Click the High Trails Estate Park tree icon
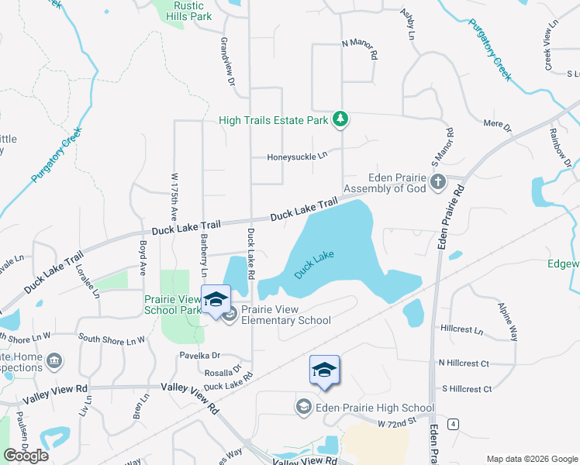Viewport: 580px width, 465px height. (340, 119)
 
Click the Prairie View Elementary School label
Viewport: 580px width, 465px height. (285, 314)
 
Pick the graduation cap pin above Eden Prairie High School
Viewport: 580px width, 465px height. (324, 370)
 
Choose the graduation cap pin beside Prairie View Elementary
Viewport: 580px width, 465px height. (216, 300)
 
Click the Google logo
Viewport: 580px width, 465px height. (26, 455)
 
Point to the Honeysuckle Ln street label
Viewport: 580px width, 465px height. (298, 156)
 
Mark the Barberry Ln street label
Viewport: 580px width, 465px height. (204, 256)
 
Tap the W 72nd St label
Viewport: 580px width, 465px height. (398, 423)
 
